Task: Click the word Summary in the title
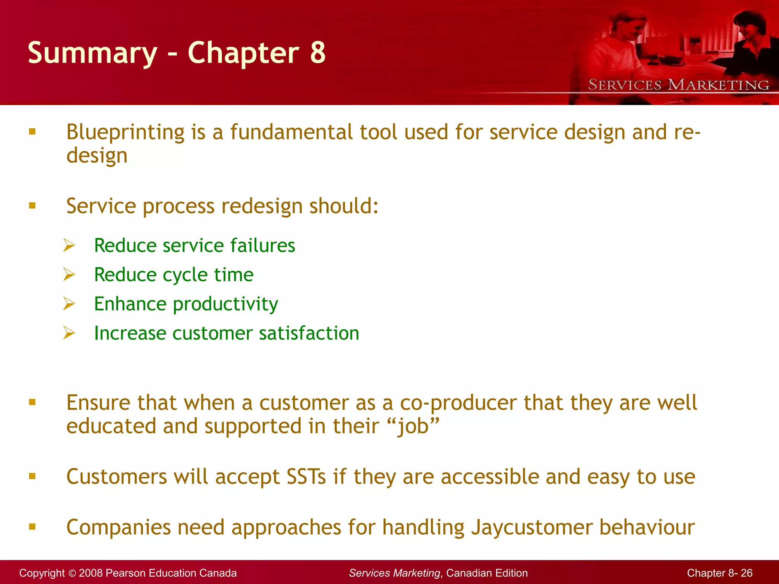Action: tap(92, 53)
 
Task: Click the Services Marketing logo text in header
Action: tap(679, 85)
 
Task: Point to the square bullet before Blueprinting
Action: tap(32, 132)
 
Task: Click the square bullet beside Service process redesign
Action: tap(32, 206)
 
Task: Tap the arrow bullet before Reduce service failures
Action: tap(69, 245)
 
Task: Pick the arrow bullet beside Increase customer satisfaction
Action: tap(69, 333)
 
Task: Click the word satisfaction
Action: tap(309, 333)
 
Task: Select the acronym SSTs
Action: tap(306, 476)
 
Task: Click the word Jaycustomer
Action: tap(532, 527)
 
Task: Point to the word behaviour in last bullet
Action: tap(647, 527)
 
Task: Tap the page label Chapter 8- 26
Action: tap(719, 573)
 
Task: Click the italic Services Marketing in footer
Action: tap(394, 573)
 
